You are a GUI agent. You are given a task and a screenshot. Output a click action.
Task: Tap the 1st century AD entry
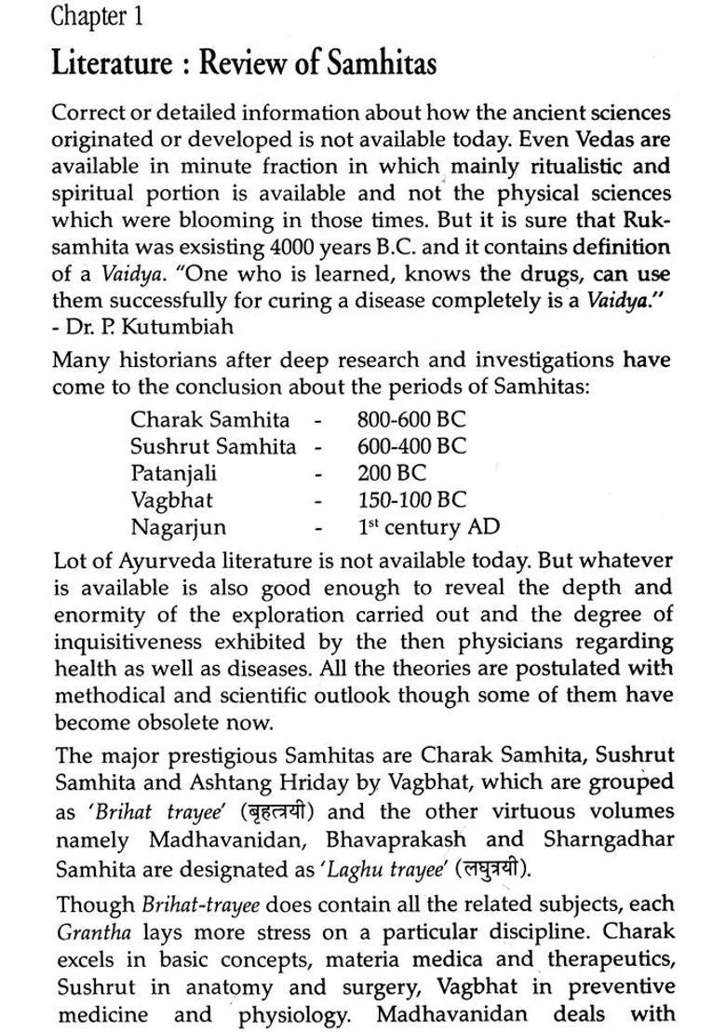(x=428, y=527)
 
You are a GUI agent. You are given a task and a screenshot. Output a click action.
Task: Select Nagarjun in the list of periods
(x=178, y=527)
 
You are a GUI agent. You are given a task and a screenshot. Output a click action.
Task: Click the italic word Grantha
(x=87, y=931)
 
